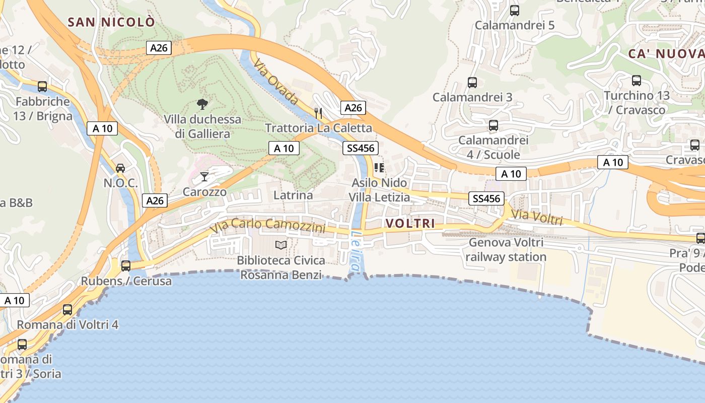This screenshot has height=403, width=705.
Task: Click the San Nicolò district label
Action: click(x=111, y=22)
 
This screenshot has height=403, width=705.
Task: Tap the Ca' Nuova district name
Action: click(x=666, y=54)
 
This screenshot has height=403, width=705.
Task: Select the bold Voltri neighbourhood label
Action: click(x=410, y=223)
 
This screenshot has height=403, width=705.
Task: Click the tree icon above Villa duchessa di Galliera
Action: click(x=202, y=104)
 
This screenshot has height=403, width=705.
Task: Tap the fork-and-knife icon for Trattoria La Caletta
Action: click(x=318, y=113)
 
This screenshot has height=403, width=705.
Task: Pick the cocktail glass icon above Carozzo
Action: click(x=204, y=176)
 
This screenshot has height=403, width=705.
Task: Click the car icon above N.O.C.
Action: click(x=120, y=168)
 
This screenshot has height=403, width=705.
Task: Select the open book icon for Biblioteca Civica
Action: click(x=281, y=245)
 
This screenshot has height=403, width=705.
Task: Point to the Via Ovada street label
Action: click(x=276, y=82)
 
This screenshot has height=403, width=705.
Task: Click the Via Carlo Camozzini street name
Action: click(x=268, y=227)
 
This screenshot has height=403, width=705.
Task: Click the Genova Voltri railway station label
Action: click(x=506, y=250)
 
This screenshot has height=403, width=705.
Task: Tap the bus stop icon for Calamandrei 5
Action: click(x=514, y=10)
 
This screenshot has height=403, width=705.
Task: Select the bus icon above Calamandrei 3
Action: click(x=472, y=82)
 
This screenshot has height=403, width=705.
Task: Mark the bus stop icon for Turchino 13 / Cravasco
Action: click(x=637, y=80)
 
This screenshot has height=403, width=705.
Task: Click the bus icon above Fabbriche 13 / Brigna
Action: click(x=42, y=86)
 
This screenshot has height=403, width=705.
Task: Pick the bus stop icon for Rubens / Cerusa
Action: click(x=126, y=265)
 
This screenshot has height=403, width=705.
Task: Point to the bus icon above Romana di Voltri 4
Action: click(x=67, y=309)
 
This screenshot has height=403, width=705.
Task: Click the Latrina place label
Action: click(x=293, y=195)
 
